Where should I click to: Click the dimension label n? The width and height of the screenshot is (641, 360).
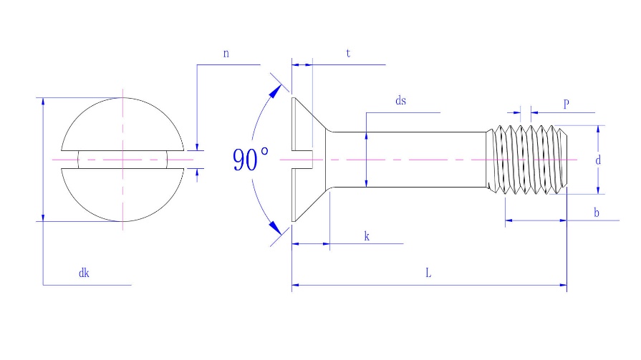pos(226,54)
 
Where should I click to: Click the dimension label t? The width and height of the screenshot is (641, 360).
pos(348,53)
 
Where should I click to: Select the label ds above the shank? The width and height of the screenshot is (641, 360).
pos(400,100)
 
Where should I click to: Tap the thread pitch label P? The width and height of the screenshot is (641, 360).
pos(567,103)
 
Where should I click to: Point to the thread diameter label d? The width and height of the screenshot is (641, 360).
pos(598,160)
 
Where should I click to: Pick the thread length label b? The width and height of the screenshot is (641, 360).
pos(597,213)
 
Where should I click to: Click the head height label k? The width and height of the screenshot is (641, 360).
pos(367,236)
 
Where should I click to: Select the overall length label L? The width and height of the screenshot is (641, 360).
pos(428,273)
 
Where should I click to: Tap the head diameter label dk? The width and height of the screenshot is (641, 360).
pos(84,273)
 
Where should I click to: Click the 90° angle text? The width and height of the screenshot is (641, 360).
pos(251,160)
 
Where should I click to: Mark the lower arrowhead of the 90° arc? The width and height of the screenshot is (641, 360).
pos(275,228)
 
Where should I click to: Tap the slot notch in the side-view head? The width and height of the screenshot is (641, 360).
pos(302,160)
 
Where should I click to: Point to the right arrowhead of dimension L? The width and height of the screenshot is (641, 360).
pos(564,285)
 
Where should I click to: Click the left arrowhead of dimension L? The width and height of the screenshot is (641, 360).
pos(295,285)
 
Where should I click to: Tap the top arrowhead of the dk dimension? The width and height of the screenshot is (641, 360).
pos(43,102)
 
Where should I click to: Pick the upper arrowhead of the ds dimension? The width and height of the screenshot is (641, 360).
pos(366,136)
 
